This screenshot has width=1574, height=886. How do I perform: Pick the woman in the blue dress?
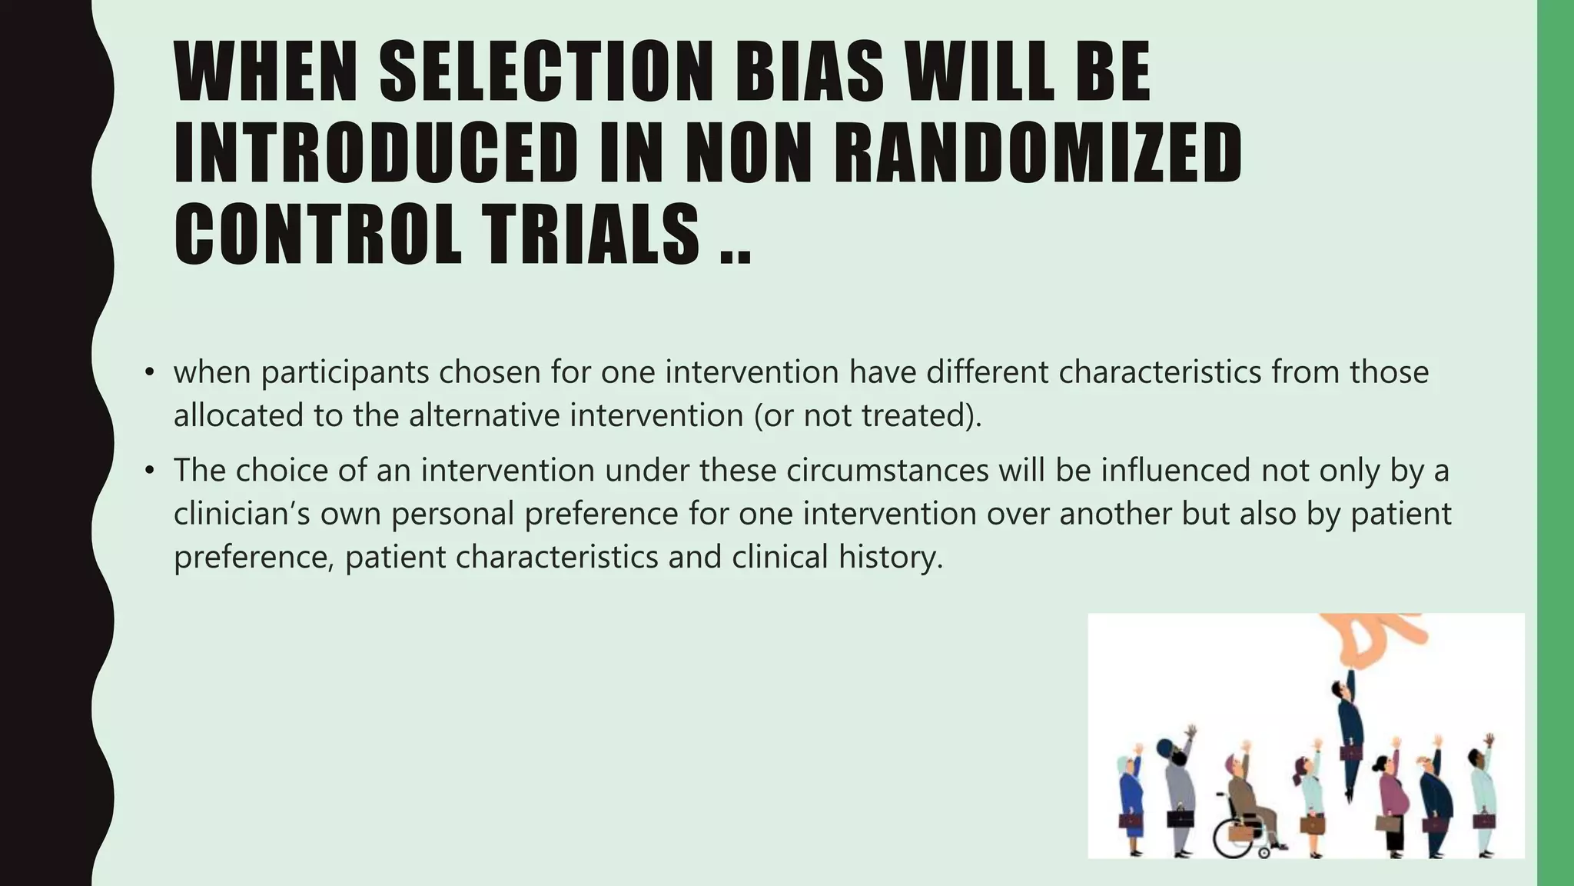[1132, 792]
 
